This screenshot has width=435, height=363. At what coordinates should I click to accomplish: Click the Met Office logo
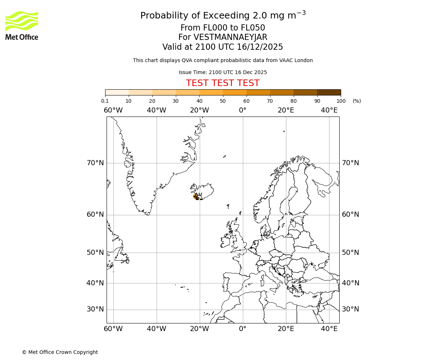[22, 25]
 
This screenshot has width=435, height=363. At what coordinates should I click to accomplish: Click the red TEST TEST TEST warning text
[223, 83]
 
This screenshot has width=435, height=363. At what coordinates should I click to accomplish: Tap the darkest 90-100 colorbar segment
[329, 93]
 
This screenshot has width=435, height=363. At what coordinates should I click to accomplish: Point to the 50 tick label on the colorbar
[223, 101]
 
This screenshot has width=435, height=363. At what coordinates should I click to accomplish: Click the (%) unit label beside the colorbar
[357, 101]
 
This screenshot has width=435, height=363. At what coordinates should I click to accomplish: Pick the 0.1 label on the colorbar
[105, 101]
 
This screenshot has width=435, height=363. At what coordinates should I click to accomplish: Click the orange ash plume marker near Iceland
[195, 196]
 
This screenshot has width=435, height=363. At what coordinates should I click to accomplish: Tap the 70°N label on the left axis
[95, 163]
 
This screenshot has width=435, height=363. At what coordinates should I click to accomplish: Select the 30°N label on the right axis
[350, 309]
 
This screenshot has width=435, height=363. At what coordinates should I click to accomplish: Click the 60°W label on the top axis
[113, 110]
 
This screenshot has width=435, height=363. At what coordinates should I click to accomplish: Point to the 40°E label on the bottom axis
[329, 329]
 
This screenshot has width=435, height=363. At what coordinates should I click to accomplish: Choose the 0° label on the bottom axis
[243, 329]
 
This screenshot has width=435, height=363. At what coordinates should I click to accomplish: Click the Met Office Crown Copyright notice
[60, 352]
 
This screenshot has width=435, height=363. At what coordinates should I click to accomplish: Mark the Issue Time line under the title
[223, 73]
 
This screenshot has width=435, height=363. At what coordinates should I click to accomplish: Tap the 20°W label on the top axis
[199, 110]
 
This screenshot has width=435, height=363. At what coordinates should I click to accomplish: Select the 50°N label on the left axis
[95, 253]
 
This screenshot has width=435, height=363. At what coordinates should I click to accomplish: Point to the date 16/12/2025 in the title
[260, 47]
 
